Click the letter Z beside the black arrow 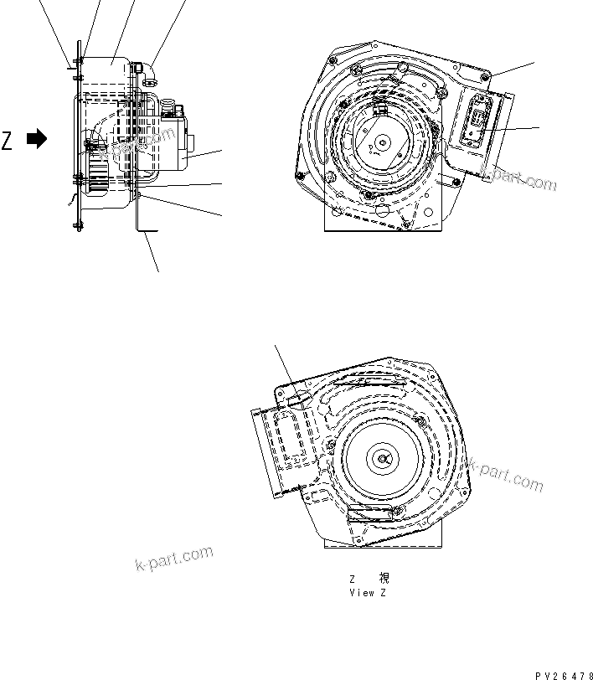pyautogui.click(x=8, y=141)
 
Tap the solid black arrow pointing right pyautogui.click(x=37, y=140)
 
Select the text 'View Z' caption pyautogui.click(x=369, y=592)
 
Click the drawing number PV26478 pyautogui.click(x=564, y=674)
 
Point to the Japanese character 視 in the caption pyautogui.click(x=384, y=578)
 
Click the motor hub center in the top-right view pyautogui.click(x=382, y=143)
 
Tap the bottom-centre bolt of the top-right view pyautogui.click(x=405, y=223)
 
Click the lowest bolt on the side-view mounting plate pyautogui.click(x=79, y=224)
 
